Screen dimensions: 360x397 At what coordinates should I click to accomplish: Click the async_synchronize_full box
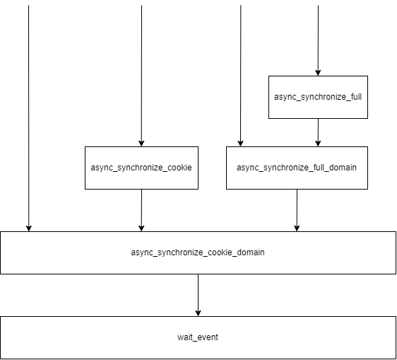pos(318,97)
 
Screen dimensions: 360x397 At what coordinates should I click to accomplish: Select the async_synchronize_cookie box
pos(141,168)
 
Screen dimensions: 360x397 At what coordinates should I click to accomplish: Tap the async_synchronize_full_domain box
pos(297,168)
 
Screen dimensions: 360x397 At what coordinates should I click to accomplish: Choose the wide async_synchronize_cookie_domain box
pos(198,252)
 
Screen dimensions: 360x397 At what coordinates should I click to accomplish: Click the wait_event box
pos(198,337)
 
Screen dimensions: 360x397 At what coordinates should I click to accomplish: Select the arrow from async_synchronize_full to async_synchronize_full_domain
pos(318,132)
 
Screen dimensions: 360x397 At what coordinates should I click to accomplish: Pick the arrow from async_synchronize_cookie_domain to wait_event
pos(198,294)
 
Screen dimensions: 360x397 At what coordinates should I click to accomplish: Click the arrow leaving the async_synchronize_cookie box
pos(141,209)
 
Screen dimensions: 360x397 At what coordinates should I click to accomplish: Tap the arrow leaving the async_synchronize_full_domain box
pos(297,209)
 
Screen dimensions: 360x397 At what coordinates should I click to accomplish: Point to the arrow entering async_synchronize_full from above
pos(318,39)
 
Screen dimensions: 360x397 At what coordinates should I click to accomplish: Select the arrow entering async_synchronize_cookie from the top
pos(141,74)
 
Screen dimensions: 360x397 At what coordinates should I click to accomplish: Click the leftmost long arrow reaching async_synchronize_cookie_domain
pos(28,117)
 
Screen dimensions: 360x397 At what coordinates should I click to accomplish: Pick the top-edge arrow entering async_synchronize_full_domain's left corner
pos(241,74)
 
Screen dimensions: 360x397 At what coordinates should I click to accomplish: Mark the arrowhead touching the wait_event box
pos(198,313)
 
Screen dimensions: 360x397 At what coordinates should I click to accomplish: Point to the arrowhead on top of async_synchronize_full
pos(318,72)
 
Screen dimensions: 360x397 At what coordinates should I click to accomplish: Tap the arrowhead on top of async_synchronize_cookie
pos(141,143)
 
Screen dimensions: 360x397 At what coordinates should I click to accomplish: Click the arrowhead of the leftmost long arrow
pos(28,228)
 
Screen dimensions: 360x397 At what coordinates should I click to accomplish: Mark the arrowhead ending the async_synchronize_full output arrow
pos(318,143)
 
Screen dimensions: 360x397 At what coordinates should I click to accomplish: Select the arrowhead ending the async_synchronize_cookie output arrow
pos(141,228)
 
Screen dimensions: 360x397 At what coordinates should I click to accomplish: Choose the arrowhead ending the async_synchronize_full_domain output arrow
pos(297,228)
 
